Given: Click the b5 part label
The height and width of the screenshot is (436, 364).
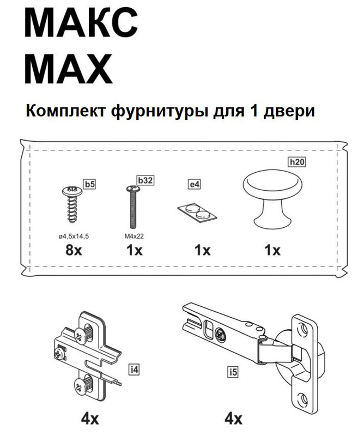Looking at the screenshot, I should point(89,184).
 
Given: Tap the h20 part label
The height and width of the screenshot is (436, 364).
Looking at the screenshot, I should point(296,162).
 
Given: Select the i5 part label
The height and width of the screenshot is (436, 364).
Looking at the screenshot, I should point(233,373).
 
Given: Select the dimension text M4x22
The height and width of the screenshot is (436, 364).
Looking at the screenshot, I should point(134,237).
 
